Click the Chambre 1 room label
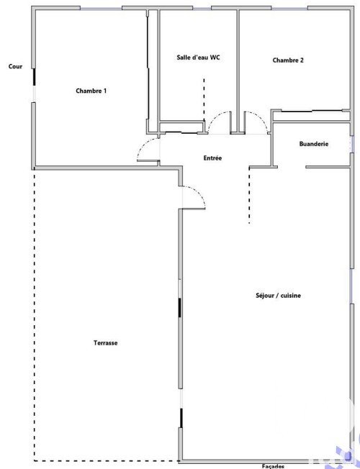pos(91,91)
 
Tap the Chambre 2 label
pos(288,60)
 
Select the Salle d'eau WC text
pos(198,58)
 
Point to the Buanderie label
pos(314,144)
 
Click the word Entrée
pos(212,158)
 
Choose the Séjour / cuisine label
pos(278,296)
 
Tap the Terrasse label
pos(105,343)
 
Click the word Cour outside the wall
pos(15,66)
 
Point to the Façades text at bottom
pos(273,466)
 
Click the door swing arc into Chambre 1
pos(143,145)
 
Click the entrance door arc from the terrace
pos(198,191)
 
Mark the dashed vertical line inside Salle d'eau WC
pos(204,99)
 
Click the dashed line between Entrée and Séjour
pos(249,195)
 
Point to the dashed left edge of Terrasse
pos(34,314)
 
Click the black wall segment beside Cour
pos(34,77)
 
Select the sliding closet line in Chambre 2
pos(312,111)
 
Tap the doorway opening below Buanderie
pos(292,167)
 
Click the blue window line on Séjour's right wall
pos(351,286)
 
